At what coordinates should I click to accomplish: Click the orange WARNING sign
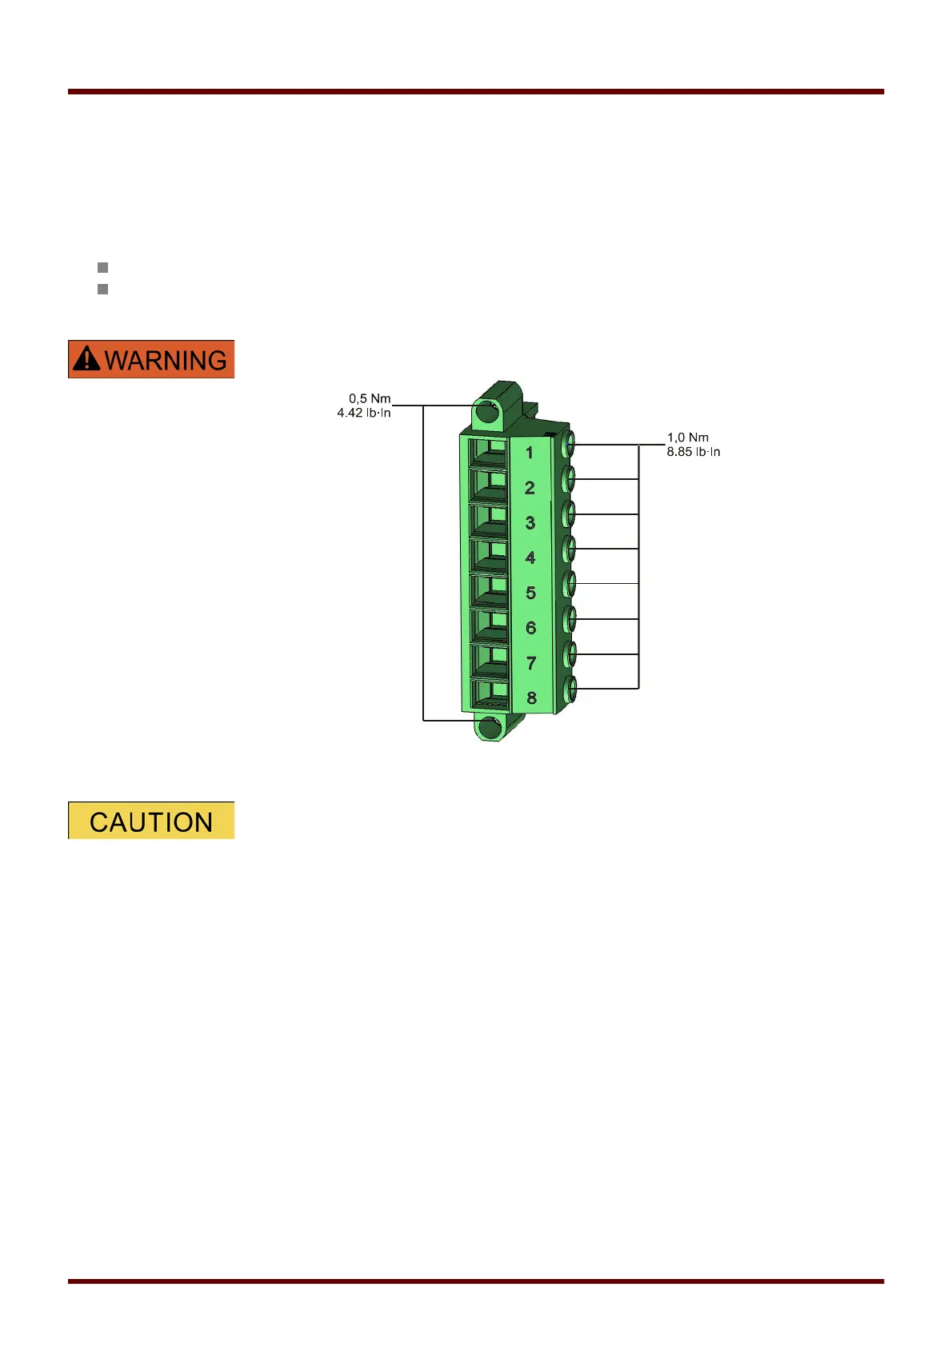[151, 359]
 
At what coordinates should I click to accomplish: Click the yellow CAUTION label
[151, 821]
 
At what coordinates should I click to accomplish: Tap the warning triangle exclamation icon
[86, 359]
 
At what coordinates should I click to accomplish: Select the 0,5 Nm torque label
[370, 398]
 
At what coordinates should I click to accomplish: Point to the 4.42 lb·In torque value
[364, 413]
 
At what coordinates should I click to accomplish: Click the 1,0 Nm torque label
[688, 438]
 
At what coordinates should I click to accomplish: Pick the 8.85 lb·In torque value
[694, 452]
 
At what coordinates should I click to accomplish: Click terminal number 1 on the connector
[529, 453]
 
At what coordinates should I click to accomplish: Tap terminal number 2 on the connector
[530, 488]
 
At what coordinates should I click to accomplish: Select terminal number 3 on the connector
[530, 523]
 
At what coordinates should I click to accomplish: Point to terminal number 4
[530, 558]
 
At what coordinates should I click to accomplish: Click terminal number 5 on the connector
[530, 593]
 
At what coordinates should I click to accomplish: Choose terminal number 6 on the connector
[530, 628]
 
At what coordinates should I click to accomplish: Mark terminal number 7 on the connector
[531, 663]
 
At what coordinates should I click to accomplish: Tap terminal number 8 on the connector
[531, 698]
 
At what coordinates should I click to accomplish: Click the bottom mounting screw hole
[489, 727]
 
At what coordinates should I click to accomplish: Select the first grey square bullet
[102, 267]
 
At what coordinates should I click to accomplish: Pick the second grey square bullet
[102, 289]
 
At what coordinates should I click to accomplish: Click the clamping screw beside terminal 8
[570, 689]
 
